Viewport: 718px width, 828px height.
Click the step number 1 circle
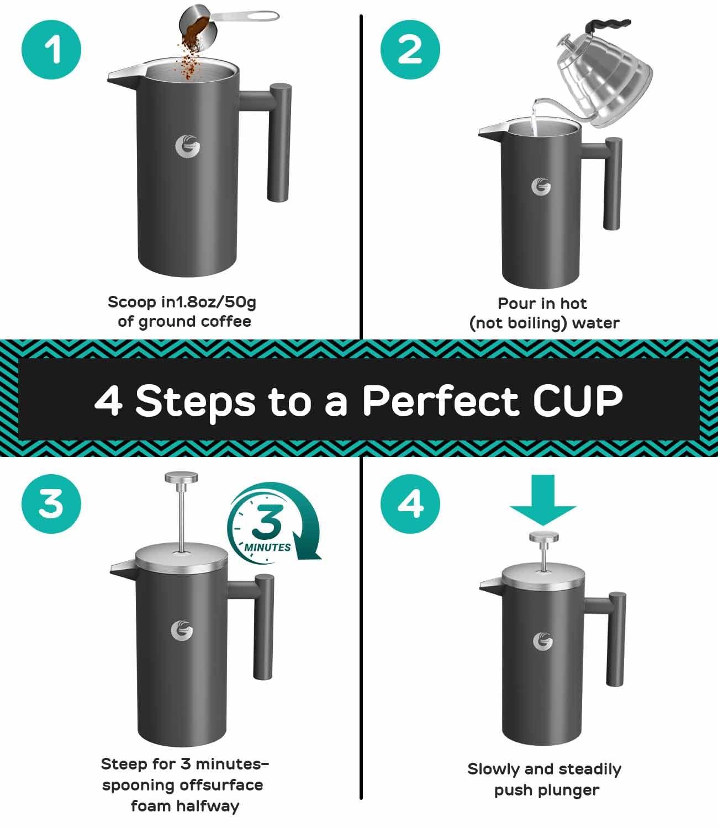click(51, 51)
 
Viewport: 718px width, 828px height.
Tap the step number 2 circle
click(410, 51)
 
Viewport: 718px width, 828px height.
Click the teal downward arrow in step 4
click(543, 500)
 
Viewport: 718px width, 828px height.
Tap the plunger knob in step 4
click(543, 537)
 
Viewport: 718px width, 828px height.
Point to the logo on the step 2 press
click(541, 186)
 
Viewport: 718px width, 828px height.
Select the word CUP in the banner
click(577, 400)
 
